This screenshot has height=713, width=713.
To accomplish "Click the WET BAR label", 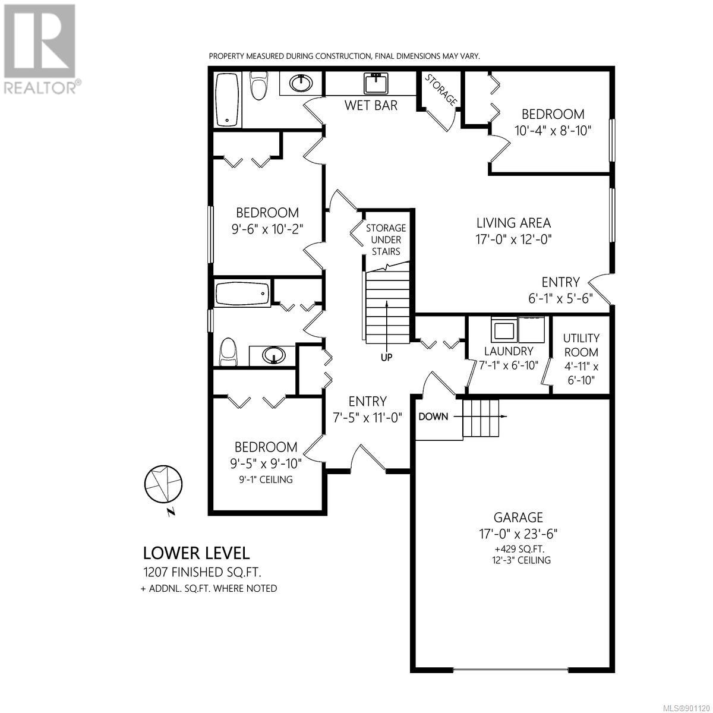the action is pyautogui.click(x=371, y=105).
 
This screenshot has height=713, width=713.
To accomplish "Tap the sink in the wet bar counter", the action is pyautogui.click(x=377, y=83).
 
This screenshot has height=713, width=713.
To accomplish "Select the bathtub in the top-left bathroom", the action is pyautogui.click(x=227, y=100).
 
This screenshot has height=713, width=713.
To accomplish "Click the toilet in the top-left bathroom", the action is pyautogui.click(x=258, y=85).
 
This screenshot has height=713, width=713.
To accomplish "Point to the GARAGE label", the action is pyautogui.click(x=518, y=517).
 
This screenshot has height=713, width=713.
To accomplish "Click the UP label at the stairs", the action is pyautogui.click(x=387, y=358).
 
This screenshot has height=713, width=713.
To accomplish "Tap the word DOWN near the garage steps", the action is pyautogui.click(x=433, y=417).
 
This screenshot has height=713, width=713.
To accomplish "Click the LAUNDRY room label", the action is pyautogui.click(x=509, y=351).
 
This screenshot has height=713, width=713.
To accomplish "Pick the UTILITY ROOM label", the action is pyautogui.click(x=581, y=345).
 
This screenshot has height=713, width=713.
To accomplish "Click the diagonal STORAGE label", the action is pyautogui.click(x=440, y=90).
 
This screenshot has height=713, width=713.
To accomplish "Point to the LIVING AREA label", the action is pyautogui.click(x=513, y=223).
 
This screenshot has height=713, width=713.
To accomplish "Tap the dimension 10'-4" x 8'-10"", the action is pyautogui.click(x=553, y=131).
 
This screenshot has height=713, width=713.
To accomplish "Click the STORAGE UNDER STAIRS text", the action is pyautogui.click(x=386, y=240).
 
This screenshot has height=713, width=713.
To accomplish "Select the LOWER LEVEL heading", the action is pyautogui.click(x=197, y=553).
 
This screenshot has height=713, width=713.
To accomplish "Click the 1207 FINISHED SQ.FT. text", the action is pyautogui.click(x=203, y=573).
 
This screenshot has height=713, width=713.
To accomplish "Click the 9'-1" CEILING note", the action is pyautogui.click(x=266, y=479).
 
